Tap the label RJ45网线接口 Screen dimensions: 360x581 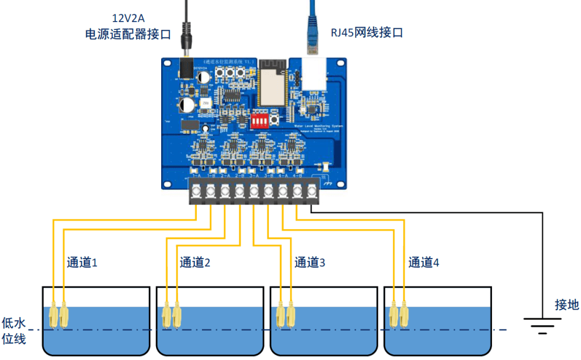(367, 32)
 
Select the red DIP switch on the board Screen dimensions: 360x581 (260, 121)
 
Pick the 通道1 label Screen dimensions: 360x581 (82, 262)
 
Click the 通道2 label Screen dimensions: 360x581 (195, 262)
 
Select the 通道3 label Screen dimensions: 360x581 (310, 262)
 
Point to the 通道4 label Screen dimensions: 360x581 (423, 262)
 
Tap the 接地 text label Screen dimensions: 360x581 (566, 305)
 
